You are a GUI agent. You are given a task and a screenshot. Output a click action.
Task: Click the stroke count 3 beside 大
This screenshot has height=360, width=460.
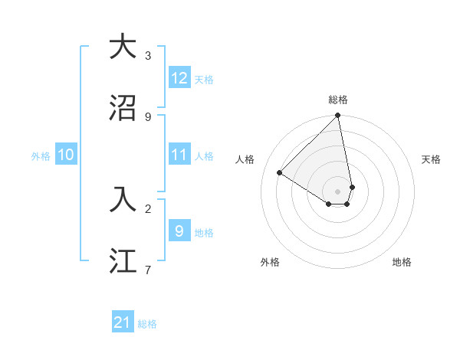[x=148, y=55]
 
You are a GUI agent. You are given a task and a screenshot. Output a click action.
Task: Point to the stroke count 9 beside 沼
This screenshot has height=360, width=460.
[x=148, y=116]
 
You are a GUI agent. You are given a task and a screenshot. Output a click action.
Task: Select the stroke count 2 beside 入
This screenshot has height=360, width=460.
[x=148, y=208]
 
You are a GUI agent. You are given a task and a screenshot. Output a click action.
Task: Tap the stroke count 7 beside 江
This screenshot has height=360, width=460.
[x=148, y=269]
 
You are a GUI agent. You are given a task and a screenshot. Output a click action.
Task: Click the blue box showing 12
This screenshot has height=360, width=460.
[x=179, y=78]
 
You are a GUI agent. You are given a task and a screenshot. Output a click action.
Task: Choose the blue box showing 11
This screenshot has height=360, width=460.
[x=179, y=155]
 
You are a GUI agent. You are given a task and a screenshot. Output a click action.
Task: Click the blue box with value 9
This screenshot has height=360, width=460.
[x=179, y=231]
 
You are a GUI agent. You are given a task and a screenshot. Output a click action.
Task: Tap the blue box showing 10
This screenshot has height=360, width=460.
[x=66, y=155]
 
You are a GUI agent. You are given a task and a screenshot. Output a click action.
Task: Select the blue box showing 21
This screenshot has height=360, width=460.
[x=123, y=322]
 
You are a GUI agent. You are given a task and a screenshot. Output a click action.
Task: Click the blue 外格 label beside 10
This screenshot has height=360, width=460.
[x=41, y=156]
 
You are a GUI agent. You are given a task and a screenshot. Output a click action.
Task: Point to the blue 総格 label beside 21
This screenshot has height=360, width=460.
[x=147, y=324]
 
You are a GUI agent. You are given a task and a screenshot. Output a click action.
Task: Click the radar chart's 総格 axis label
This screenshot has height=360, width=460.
[x=338, y=100]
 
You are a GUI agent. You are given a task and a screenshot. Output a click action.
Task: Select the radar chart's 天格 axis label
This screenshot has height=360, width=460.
[x=432, y=159]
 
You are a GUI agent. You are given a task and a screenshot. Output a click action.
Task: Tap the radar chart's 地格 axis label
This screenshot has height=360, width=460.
[x=402, y=262]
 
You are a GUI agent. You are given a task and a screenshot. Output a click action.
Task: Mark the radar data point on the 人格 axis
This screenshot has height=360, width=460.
[x=280, y=173]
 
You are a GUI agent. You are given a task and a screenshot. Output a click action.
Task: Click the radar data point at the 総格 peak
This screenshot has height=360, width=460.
[x=338, y=116]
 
